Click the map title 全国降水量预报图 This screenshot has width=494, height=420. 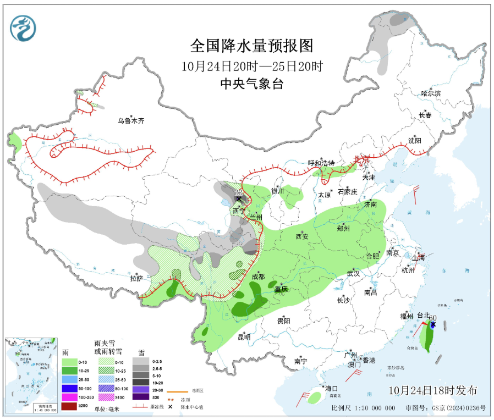pos(251,45)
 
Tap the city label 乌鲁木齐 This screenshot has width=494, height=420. pos(130,120)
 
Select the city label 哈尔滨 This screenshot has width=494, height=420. pos(431,93)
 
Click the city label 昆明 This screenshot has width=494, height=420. pos(243,336)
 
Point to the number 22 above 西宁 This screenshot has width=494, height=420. pos(239,192)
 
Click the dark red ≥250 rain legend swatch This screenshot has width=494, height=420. pos(69,406)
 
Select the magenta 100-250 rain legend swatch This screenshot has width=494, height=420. pos(69,396)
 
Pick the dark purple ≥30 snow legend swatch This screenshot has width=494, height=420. pos(140,396)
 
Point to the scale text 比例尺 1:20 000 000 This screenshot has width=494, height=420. pos(363,408)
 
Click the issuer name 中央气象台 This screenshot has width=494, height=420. pos(251,83)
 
